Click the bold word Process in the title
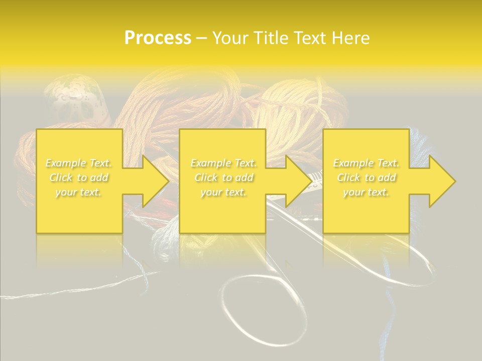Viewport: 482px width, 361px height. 158,38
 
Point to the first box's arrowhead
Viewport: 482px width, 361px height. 153,181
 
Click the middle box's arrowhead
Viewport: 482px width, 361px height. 296,181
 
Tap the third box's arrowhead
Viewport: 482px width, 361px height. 440,181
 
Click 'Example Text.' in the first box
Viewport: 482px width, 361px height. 78,163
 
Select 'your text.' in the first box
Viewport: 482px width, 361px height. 78,192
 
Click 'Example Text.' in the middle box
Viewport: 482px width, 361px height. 223,163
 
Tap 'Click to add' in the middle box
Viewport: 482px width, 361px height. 223,177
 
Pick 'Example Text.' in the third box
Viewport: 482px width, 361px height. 366,163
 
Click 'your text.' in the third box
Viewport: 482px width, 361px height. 366,192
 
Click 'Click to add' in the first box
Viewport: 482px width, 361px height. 78,177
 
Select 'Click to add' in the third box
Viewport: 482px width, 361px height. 366,177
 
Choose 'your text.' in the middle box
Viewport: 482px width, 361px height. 223,192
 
